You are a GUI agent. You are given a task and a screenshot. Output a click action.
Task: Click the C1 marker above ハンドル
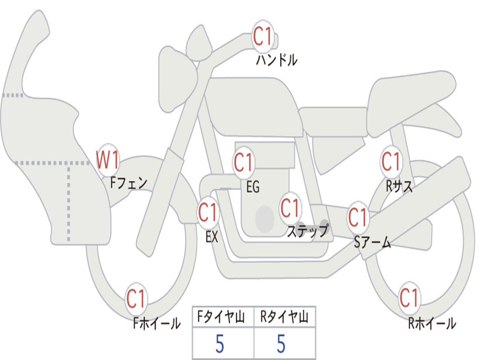tap(263, 37)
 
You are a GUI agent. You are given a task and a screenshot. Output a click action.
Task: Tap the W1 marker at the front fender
tap(107, 160)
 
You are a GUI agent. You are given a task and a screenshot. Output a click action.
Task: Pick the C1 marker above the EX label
tap(208, 213)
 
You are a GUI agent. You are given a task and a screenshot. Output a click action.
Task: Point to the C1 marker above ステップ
tap(290, 208)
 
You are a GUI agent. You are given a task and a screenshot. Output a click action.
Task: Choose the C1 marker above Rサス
tap(391, 162)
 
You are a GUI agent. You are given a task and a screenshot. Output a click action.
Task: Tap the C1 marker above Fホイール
tap(136, 299)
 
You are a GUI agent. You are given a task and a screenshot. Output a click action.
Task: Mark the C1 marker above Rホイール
tap(409, 298)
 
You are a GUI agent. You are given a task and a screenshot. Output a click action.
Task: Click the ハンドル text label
tap(277, 60)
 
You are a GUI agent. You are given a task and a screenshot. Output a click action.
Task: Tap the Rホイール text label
tap(432, 323)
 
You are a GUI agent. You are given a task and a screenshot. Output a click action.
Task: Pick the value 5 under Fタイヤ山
tap(220, 344)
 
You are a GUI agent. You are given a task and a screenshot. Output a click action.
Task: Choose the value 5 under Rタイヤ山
tap(281, 344)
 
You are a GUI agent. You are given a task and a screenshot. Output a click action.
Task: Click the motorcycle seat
tap(410, 94)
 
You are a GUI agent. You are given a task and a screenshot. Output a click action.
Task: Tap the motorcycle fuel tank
tap(253, 105)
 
